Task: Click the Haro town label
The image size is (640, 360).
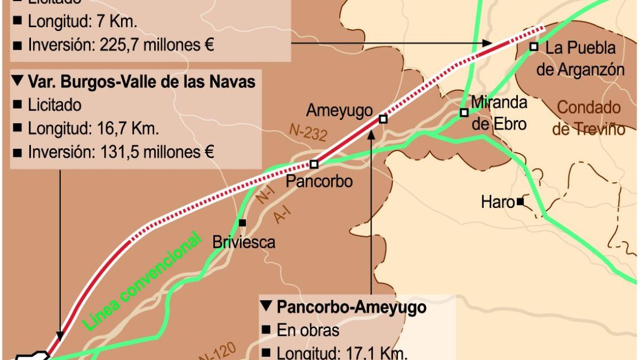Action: (x=498, y=202)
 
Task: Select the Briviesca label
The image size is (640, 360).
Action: (x=244, y=242)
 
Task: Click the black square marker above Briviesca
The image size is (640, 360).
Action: (x=243, y=222)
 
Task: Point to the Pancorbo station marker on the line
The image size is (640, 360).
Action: (x=314, y=164)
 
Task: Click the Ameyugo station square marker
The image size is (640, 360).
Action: (x=382, y=119)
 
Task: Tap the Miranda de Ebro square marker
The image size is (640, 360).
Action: (x=464, y=113)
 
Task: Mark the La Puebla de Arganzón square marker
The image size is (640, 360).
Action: (x=533, y=46)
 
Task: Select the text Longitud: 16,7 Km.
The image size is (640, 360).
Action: (x=93, y=129)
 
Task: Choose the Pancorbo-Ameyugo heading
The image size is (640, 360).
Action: (x=351, y=307)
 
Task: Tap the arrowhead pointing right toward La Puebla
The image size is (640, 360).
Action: (x=487, y=43)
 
